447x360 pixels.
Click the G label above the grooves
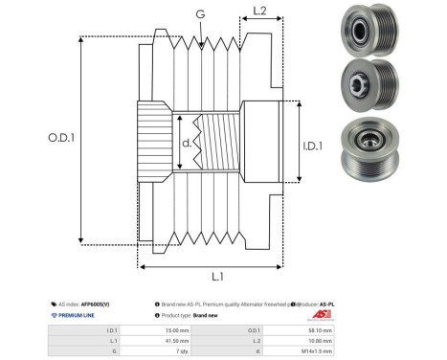pyautogui.click(x=199, y=15)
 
